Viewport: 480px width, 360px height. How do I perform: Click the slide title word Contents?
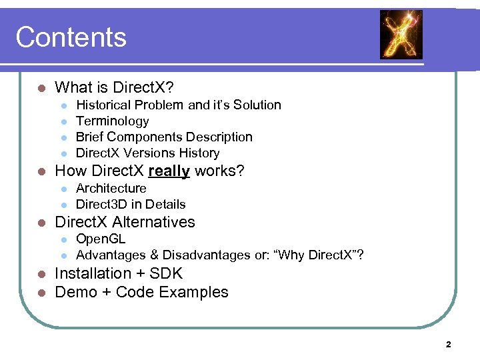tap(71, 37)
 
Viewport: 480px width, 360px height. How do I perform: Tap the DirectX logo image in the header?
tap(401, 35)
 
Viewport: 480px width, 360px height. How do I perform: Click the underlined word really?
tap(169, 171)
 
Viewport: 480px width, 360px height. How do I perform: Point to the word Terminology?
tap(112, 121)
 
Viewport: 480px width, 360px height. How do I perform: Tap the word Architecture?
tap(111, 188)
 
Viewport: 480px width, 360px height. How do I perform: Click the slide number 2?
tap(448, 345)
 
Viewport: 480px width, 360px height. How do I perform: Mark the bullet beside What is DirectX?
tap(41, 88)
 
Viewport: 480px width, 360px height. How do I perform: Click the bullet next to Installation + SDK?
tap(41, 274)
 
